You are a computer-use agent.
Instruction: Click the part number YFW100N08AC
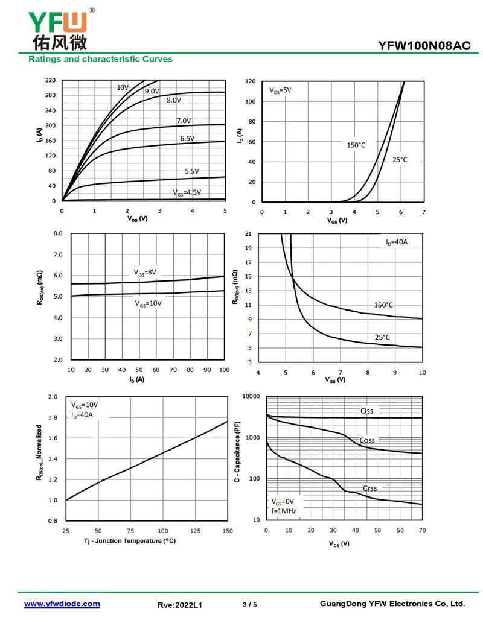pos(428,45)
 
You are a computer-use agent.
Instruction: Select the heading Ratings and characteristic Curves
pos(100,59)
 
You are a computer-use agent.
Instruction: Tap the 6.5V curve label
pos(187,139)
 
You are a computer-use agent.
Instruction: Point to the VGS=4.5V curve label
pos(187,192)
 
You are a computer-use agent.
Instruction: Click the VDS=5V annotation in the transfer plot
pos(280,90)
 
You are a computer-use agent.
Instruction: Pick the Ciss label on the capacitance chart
pos(366,411)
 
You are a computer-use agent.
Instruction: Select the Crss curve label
pos(369,488)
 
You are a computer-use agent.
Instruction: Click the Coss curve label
pos(367,440)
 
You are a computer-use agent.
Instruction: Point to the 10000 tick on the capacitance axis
pos(251,396)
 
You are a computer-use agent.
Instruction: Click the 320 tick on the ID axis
pos(50,80)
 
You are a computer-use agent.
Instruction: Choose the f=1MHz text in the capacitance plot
pos(283,511)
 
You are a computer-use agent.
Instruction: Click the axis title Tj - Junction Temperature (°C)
pos(130,541)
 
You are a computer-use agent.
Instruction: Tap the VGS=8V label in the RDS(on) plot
pos(145,272)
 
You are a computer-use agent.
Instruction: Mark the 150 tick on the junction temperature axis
pos(228,530)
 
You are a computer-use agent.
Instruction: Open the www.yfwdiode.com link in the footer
pos(62,604)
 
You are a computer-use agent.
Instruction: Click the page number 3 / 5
pos(250,604)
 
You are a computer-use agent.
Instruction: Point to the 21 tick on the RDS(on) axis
pos(248,233)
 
